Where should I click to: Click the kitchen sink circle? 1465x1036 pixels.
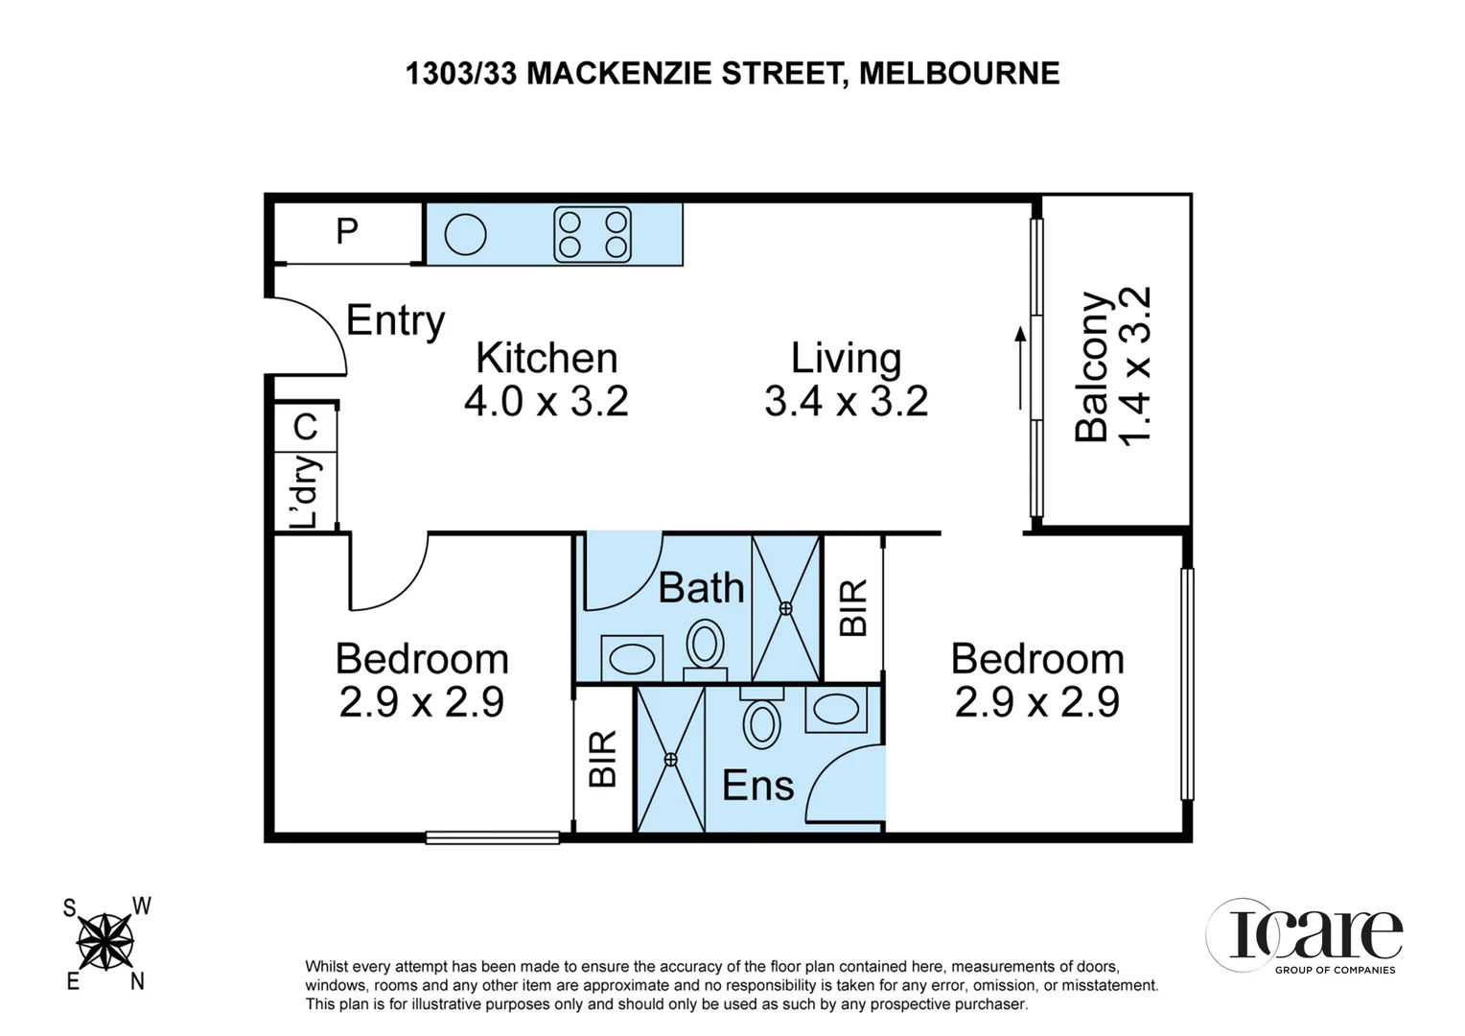coord(465,234)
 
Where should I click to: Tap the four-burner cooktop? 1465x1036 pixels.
coord(593,235)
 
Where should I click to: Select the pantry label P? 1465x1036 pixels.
coord(347,231)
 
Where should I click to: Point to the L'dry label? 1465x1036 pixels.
coord(306,492)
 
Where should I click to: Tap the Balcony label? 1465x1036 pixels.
coord(1092,366)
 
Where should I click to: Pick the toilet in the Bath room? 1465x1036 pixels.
coord(706,646)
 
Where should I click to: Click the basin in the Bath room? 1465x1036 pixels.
coord(632,659)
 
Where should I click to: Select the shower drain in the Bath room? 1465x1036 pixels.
coord(786,608)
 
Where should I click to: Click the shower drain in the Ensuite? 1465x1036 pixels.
coord(670,759)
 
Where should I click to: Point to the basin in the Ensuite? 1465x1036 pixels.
coord(836,710)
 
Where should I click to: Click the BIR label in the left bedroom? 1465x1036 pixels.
coord(603,760)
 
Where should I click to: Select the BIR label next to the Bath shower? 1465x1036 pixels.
coord(853,608)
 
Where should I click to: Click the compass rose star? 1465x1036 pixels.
coord(105,942)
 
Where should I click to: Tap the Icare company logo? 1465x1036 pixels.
coord(1305,935)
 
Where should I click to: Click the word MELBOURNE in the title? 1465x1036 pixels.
coord(959,73)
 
